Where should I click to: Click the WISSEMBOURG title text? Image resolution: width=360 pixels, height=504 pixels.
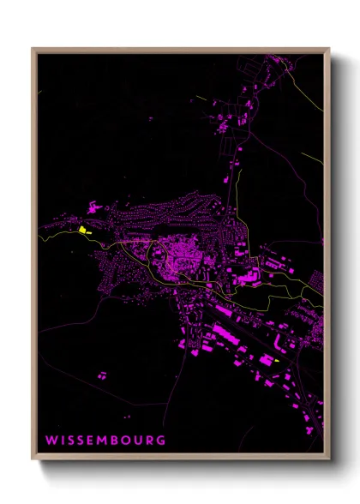click(x=106, y=441)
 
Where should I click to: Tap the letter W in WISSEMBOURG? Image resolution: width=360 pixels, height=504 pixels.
click(x=51, y=441)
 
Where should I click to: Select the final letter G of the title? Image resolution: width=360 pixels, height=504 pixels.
click(x=161, y=441)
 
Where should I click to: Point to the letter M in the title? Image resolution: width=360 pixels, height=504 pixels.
click(x=105, y=441)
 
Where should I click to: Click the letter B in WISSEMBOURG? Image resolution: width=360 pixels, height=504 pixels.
click(x=118, y=441)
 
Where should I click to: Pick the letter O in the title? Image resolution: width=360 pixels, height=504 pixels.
click(x=129, y=441)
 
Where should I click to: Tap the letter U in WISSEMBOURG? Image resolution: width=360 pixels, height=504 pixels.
click(x=140, y=441)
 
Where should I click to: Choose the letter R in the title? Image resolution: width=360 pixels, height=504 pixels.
click(x=150, y=441)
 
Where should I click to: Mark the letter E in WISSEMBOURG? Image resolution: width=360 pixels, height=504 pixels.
click(x=93, y=441)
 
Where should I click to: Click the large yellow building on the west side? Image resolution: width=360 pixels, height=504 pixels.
click(x=83, y=229)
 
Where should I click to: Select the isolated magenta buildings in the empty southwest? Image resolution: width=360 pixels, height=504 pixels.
click(x=102, y=375)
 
